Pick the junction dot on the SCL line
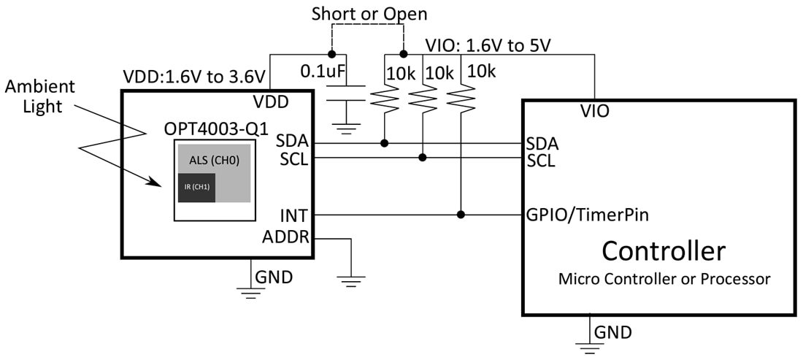[423, 157]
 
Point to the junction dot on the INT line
[461, 215]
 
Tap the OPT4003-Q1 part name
[212, 129]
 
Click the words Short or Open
[369, 14]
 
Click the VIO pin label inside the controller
[595, 112]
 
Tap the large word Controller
[664, 250]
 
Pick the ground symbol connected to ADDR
[351, 277]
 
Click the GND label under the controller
[612, 332]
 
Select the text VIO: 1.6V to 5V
[488, 47]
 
